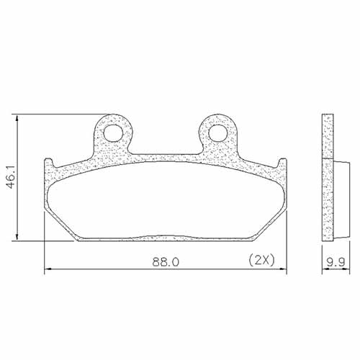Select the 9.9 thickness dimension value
coord(336,263)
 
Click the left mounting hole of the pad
coord(112,132)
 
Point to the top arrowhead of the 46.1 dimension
coord(17,117)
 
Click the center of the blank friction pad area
coord(166,205)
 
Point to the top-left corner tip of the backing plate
coord(46,161)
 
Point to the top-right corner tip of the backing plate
coord(285,161)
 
